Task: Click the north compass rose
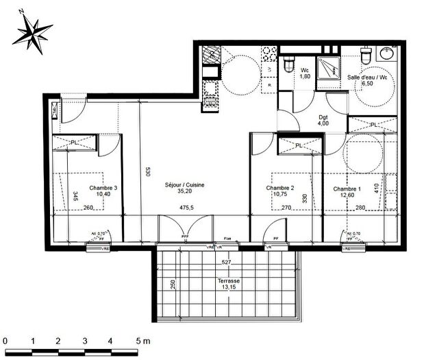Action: [x=33, y=30]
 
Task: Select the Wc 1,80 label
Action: [x=306, y=73]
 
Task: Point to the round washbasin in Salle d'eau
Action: [x=389, y=53]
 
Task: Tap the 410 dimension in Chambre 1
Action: [x=376, y=187]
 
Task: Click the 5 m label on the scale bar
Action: [x=142, y=340]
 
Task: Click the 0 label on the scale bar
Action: [x=5, y=340]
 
